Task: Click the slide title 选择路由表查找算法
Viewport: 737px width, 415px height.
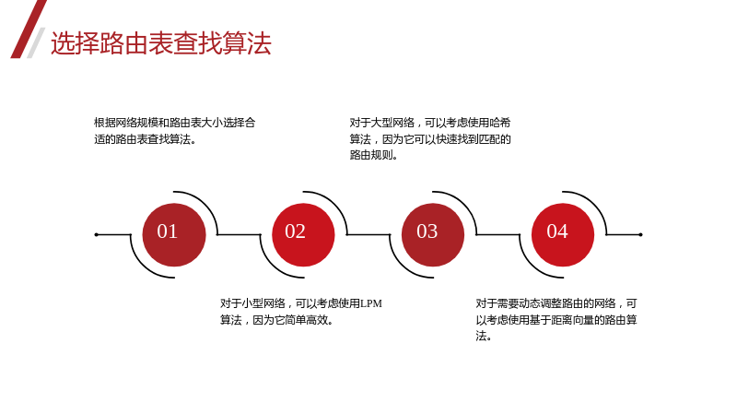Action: (160, 43)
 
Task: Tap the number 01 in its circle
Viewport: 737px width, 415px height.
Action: (168, 231)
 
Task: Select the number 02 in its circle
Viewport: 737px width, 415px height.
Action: (295, 231)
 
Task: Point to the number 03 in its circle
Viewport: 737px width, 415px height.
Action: (427, 231)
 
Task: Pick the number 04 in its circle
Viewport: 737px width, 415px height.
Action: (557, 231)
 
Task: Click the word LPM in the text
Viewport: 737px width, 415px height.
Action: (371, 303)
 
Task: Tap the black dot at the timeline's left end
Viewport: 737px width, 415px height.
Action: (97, 234)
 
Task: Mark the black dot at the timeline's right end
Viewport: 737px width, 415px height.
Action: (640, 234)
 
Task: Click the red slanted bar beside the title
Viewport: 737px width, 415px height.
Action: (29, 30)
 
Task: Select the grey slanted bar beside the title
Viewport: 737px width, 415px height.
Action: (36, 42)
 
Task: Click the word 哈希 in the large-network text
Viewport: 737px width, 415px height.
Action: (500, 123)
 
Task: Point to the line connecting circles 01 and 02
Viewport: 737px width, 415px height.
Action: (239, 234)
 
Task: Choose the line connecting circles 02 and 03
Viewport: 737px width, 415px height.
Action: (368, 234)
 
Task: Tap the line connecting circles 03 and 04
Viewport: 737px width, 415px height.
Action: (498, 234)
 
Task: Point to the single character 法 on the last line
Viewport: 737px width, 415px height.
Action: (481, 336)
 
